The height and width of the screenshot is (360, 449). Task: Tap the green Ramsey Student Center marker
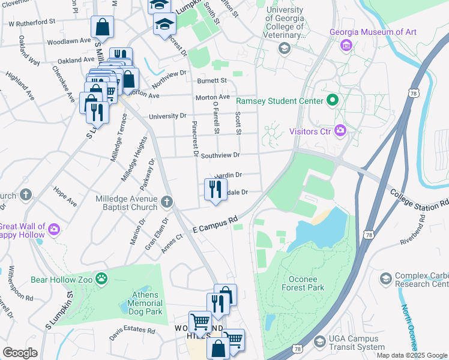[331, 101]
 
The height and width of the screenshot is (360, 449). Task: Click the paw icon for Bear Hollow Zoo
[103, 278]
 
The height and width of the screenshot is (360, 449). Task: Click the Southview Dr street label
[220, 155]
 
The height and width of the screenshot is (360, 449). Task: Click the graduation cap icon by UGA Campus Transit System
[319, 341]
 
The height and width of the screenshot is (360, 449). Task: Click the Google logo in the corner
[20, 353]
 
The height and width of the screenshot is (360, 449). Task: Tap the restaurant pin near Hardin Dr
[215, 190]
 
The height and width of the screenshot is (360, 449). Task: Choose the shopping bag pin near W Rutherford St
[102, 27]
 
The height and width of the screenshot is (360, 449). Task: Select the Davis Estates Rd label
[132, 331]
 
